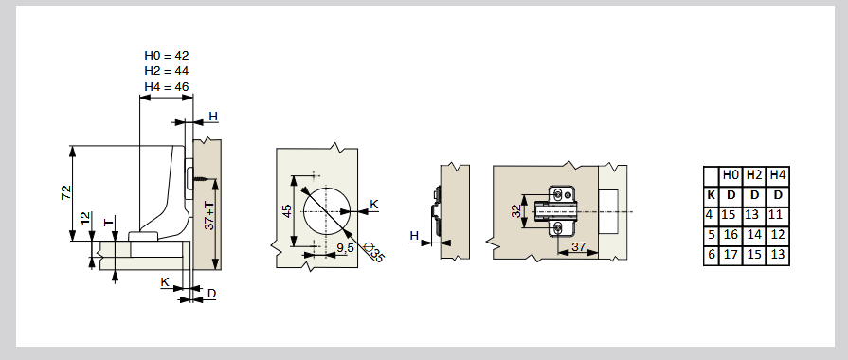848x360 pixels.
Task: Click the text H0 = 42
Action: click(167, 55)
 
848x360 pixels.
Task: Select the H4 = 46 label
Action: click(167, 86)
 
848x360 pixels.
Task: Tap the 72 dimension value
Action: click(66, 192)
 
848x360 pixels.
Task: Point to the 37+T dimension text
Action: click(209, 216)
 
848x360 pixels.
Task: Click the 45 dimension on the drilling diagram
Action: click(287, 210)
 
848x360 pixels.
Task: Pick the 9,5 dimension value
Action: click(345, 248)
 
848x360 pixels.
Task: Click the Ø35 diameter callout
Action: click(375, 253)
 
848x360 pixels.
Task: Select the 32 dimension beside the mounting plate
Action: click(517, 210)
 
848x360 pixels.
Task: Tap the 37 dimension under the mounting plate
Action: click(579, 246)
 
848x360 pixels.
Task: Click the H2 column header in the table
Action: click(754, 175)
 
